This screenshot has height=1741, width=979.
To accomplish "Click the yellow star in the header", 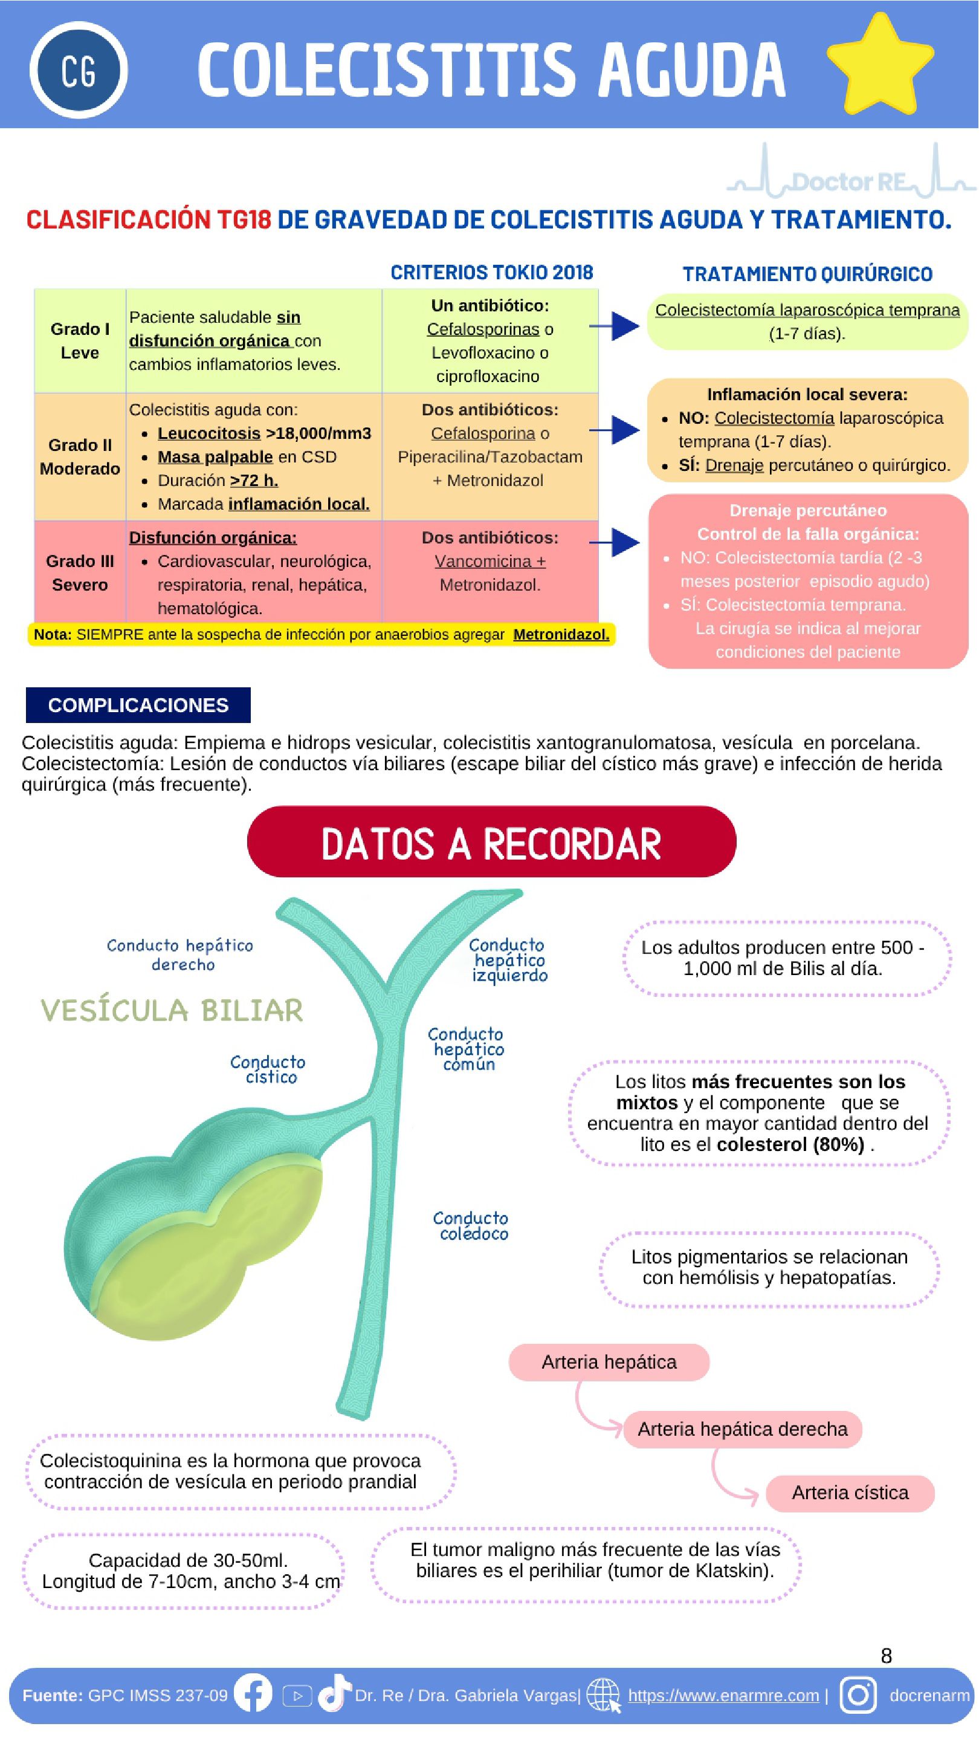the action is pos(880,65).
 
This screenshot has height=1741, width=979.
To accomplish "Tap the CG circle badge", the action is pos(79,70).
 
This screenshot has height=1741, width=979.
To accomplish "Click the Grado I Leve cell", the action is pos(80,340).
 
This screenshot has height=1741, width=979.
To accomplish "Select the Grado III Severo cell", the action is pos(80,572).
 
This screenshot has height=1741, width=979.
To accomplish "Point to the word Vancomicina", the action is pos(483,561).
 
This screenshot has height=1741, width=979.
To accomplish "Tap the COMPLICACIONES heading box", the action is pos(138,705).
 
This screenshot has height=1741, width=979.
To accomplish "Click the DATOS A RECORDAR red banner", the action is pos(491,842).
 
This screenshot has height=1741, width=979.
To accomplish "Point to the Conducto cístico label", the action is pos(268,1069).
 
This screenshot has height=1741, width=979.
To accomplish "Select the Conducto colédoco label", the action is pos(471,1226).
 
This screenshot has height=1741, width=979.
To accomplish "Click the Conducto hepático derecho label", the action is pos(181,955).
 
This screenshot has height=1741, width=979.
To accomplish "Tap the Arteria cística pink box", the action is pos(849,1493).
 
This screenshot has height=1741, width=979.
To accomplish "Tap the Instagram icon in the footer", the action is pos(858,1694).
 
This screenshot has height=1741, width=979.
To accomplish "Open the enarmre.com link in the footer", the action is pos(723,1695).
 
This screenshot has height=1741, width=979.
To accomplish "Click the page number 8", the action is pos(886,1656).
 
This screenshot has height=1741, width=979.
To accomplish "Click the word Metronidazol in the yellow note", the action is pos(561,635).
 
